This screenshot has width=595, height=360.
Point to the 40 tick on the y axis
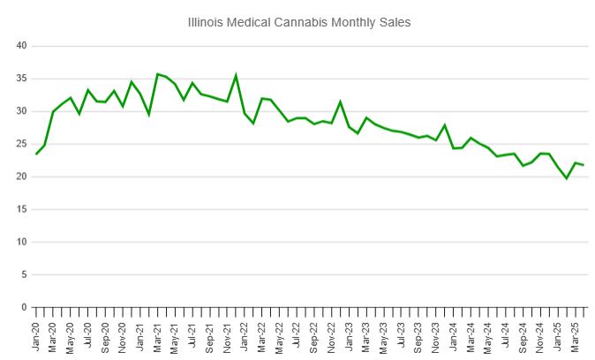pos(22,46)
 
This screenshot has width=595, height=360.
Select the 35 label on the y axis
pos(22,79)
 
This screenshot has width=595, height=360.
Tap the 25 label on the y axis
pos(22,144)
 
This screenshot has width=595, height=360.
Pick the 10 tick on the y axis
pos(22,242)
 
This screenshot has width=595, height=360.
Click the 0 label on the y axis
pos(25,307)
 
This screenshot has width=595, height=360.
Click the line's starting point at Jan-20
pos(36,154)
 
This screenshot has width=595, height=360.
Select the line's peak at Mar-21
pos(157,74)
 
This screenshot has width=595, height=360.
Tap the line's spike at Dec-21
pos(236,75)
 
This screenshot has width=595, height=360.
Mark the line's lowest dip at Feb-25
pos(567,178)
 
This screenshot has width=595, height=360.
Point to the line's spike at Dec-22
pos(340,102)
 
